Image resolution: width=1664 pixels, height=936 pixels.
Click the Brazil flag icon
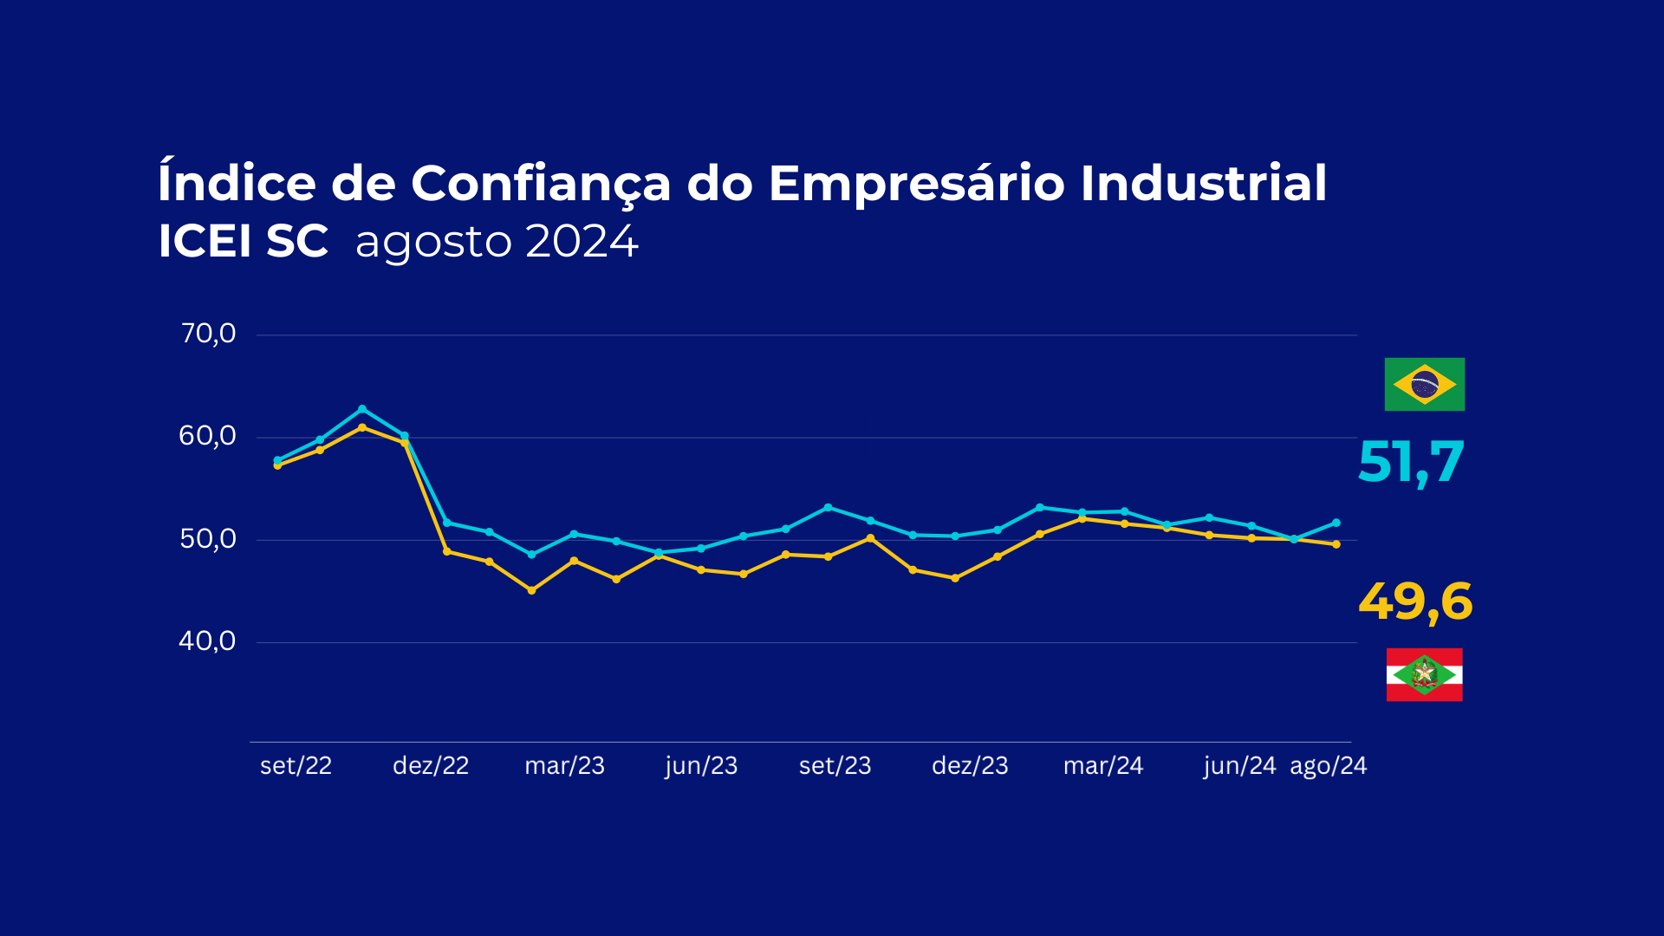(x=1424, y=384)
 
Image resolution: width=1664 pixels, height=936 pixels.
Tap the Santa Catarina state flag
(x=1424, y=674)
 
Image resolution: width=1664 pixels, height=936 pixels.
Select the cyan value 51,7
(x=1411, y=462)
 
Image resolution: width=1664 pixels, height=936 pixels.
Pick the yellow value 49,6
(x=1415, y=601)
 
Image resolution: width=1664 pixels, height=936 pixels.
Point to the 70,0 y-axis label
(x=208, y=334)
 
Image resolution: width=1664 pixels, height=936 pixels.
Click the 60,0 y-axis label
(x=208, y=436)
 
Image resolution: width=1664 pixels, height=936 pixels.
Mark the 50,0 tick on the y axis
(x=208, y=539)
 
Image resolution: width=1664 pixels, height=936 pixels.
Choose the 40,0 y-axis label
(x=208, y=641)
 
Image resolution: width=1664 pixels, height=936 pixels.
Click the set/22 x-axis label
(x=296, y=766)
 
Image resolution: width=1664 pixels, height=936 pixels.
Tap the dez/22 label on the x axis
(x=431, y=766)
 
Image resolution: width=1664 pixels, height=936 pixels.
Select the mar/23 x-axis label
(x=564, y=766)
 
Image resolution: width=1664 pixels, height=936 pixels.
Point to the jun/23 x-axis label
(x=701, y=766)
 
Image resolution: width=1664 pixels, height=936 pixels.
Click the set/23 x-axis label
(x=835, y=766)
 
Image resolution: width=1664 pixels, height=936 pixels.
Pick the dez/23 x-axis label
(x=970, y=766)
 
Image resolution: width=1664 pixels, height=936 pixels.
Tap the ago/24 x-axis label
(x=1328, y=766)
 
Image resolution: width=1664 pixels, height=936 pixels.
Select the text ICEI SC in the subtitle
(x=244, y=241)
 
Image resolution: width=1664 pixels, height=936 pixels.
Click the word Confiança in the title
(x=541, y=183)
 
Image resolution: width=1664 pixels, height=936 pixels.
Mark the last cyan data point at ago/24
(x=1336, y=523)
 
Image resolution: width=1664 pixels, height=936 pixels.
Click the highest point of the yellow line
(x=362, y=427)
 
